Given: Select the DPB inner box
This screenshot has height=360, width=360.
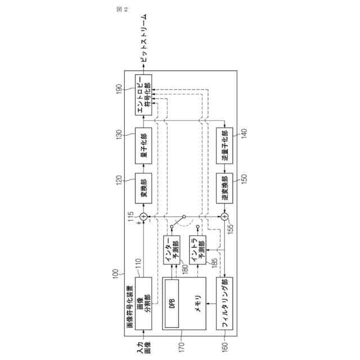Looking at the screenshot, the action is click(173, 304).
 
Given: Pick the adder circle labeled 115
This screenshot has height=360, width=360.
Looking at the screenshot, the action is click(143, 217).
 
